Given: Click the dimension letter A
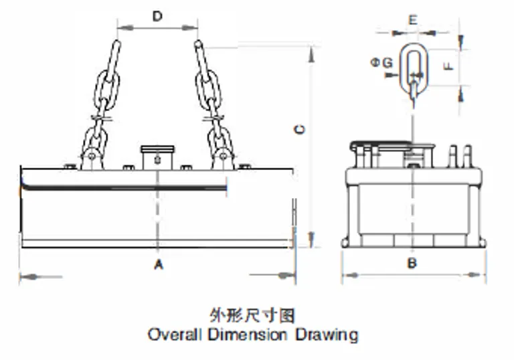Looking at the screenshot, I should coord(159,265).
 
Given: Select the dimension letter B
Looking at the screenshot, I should coord(412,263).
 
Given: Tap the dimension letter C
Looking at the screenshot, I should coord(300,129).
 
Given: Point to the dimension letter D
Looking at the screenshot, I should coord(157,16).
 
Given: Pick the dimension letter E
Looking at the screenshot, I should coord(413,19).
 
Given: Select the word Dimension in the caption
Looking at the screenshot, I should coord(248,334).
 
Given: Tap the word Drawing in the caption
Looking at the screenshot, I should coord(327,334).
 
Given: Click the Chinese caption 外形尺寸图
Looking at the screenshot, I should coord(252,314).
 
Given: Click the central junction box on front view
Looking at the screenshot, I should coord(157,158).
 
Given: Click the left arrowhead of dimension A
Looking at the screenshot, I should coord(23,276).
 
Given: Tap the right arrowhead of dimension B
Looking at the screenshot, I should coord(483,274).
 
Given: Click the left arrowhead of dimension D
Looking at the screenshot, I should coord(120,28).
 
